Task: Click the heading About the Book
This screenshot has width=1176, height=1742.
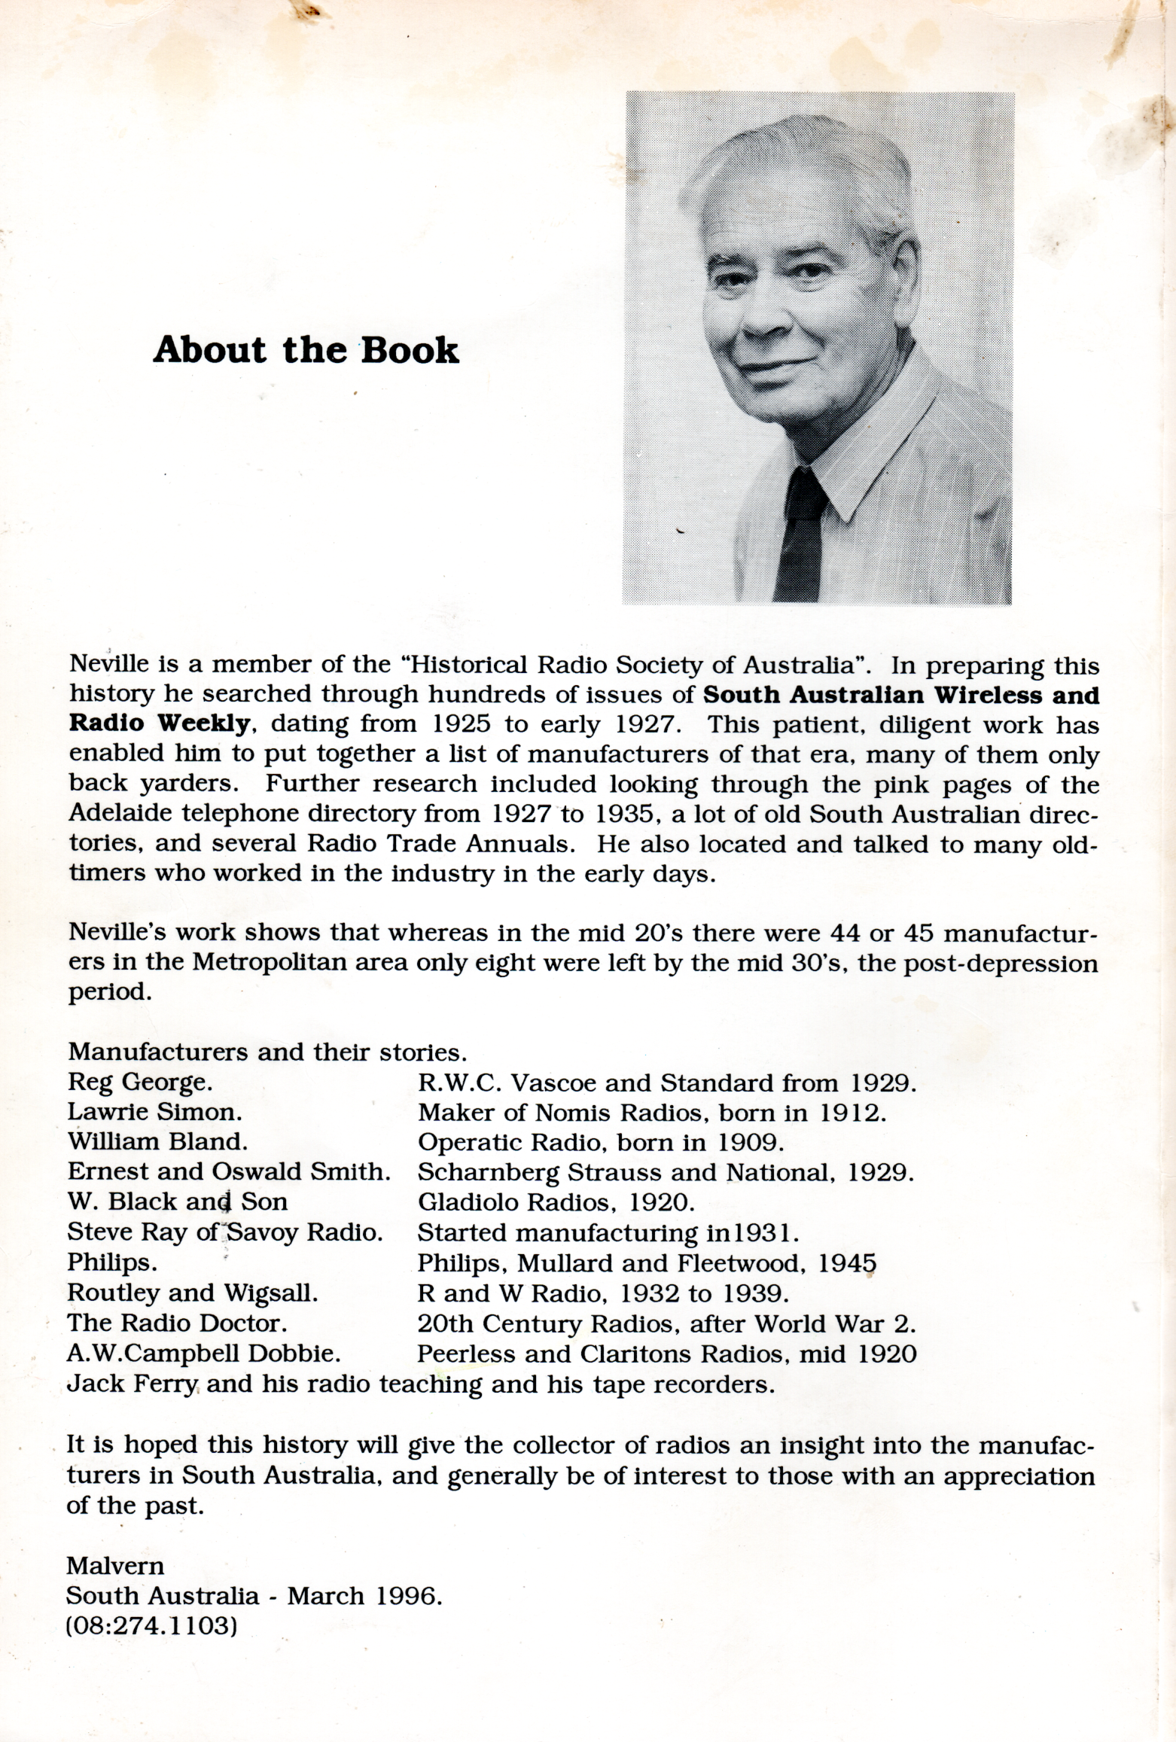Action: tap(306, 351)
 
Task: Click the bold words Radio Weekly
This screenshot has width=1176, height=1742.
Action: tap(158, 724)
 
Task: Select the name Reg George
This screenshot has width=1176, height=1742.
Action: tap(140, 1083)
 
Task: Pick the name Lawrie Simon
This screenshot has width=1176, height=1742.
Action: tap(154, 1113)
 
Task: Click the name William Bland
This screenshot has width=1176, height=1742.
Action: tap(157, 1142)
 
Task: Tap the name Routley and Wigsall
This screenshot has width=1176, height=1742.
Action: tap(193, 1293)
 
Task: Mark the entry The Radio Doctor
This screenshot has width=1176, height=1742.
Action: tap(177, 1323)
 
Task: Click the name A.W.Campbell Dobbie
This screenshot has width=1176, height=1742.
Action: tap(204, 1354)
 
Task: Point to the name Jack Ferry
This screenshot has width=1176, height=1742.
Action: tap(133, 1384)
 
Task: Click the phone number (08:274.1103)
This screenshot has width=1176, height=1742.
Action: tap(153, 1626)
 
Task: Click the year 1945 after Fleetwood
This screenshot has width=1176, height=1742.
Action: tap(847, 1262)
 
